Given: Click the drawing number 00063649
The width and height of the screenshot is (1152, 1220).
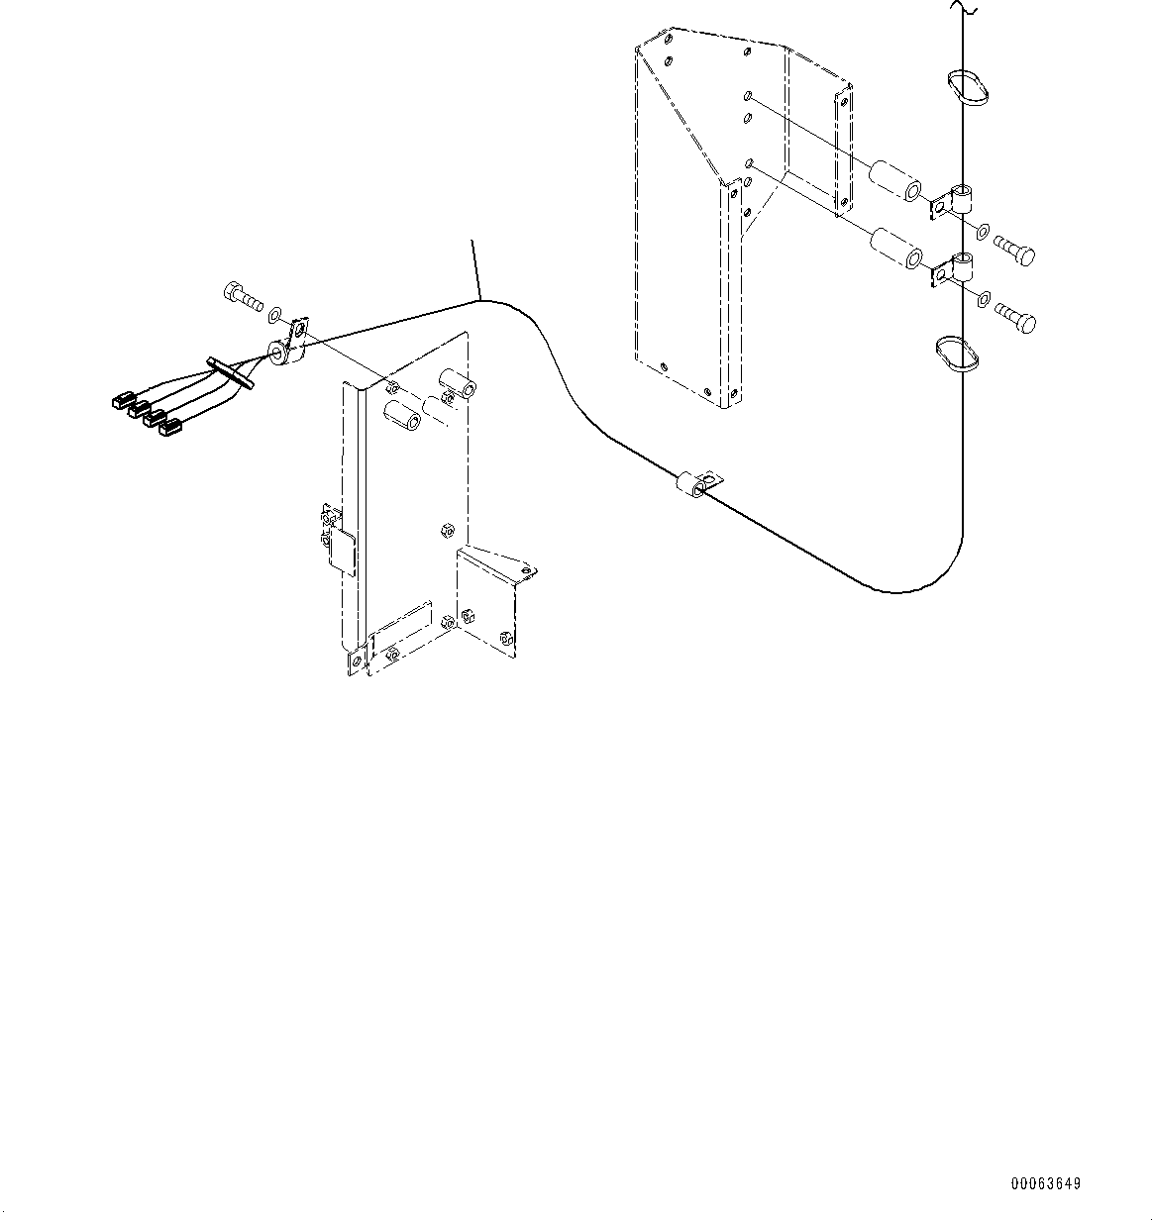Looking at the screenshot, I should click(1046, 1183).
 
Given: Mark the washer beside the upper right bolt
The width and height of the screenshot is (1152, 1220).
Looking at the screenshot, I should click(983, 232).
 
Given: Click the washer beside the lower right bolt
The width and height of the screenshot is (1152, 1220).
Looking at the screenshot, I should click(983, 298).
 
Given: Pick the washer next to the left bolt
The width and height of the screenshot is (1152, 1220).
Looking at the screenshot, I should click(275, 315).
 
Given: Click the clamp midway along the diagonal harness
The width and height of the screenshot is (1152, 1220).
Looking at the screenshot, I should click(696, 484).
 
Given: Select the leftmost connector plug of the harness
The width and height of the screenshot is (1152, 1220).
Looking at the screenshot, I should click(122, 401).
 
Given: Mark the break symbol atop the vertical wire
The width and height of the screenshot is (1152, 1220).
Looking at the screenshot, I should click(962, 9).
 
